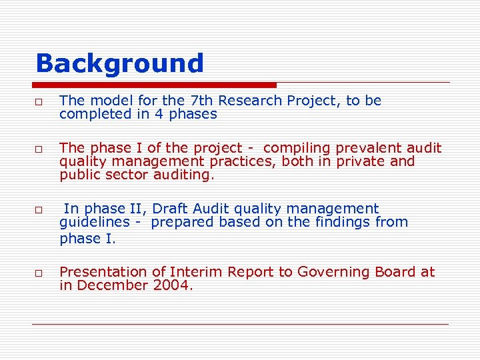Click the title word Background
[x=119, y=63]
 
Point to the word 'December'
[x=112, y=285]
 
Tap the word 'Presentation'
[x=103, y=272]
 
